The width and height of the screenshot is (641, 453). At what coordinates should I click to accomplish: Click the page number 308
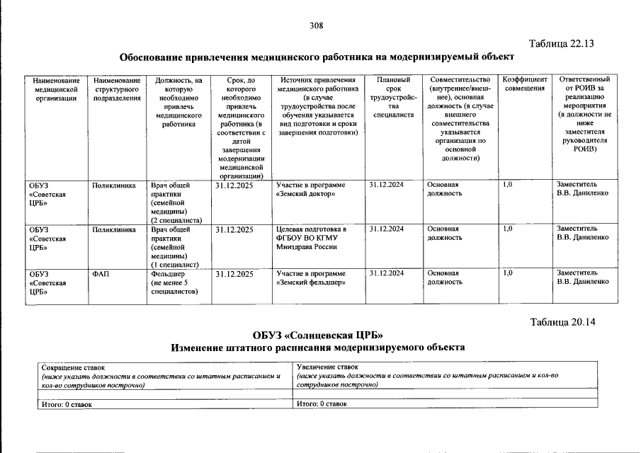tap(317, 25)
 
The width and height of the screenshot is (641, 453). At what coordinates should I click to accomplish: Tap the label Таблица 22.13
tap(560, 43)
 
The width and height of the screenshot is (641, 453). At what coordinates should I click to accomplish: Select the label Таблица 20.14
tap(563, 322)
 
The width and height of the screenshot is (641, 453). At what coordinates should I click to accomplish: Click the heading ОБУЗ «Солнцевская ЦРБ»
tap(317, 335)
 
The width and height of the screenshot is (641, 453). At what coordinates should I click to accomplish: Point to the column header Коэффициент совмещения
tap(525, 84)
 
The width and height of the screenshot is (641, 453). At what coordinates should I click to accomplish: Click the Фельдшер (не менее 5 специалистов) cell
tap(174, 282)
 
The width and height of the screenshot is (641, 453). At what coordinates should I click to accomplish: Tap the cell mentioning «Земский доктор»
tap(311, 189)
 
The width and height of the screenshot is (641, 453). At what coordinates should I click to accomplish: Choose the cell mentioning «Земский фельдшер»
tap(311, 277)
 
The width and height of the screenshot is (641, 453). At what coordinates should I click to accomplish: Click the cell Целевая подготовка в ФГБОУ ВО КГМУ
tap(311, 238)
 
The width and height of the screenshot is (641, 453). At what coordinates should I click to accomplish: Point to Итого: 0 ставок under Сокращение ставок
tap(67, 403)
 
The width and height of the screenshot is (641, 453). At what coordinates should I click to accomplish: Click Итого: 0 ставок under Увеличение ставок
tap(322, 403)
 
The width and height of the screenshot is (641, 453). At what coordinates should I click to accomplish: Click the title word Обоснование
tap(157, 57)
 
